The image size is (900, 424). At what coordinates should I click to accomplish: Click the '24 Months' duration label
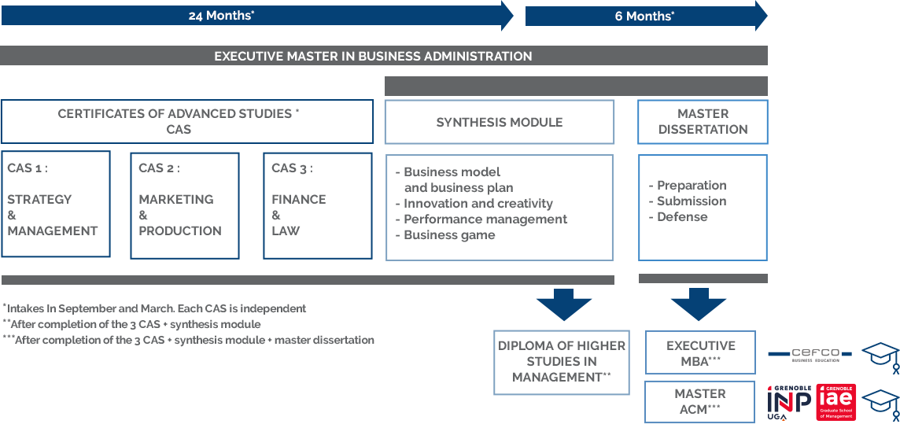click(221, 16)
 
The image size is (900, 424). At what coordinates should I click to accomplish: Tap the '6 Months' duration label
click(644, 16)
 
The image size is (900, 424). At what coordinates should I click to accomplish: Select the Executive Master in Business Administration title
click(373, 56)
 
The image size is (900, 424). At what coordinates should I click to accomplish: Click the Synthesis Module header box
click(500, 122)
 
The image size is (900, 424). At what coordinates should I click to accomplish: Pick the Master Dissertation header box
click(703, 122)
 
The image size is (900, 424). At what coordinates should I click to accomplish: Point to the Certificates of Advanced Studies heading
click(179, 121)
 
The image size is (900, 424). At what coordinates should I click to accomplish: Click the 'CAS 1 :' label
click(28, 168)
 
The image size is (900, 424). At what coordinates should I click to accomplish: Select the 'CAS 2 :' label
click(159, 168)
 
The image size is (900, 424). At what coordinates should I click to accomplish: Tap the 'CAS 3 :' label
click(292, 168)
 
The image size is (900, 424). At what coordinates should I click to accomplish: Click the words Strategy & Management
click(52, 215)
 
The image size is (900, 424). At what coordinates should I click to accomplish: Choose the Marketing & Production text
click(179, 215)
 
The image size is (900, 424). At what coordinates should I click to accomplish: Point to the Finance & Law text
click(298, 215)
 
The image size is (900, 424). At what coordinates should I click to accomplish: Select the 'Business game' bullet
click(448, 235)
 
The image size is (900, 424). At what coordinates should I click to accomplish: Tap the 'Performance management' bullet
click(485, 219)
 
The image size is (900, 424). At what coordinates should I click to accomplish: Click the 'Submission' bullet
click(692, 201)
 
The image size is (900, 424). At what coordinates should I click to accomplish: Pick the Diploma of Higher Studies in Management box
click(562, 362)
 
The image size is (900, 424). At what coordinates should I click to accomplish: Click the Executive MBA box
click(700, 352)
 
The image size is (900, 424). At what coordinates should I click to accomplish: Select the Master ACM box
click(700, 401)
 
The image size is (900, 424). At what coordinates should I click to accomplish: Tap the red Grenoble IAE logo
click(835, 402)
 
